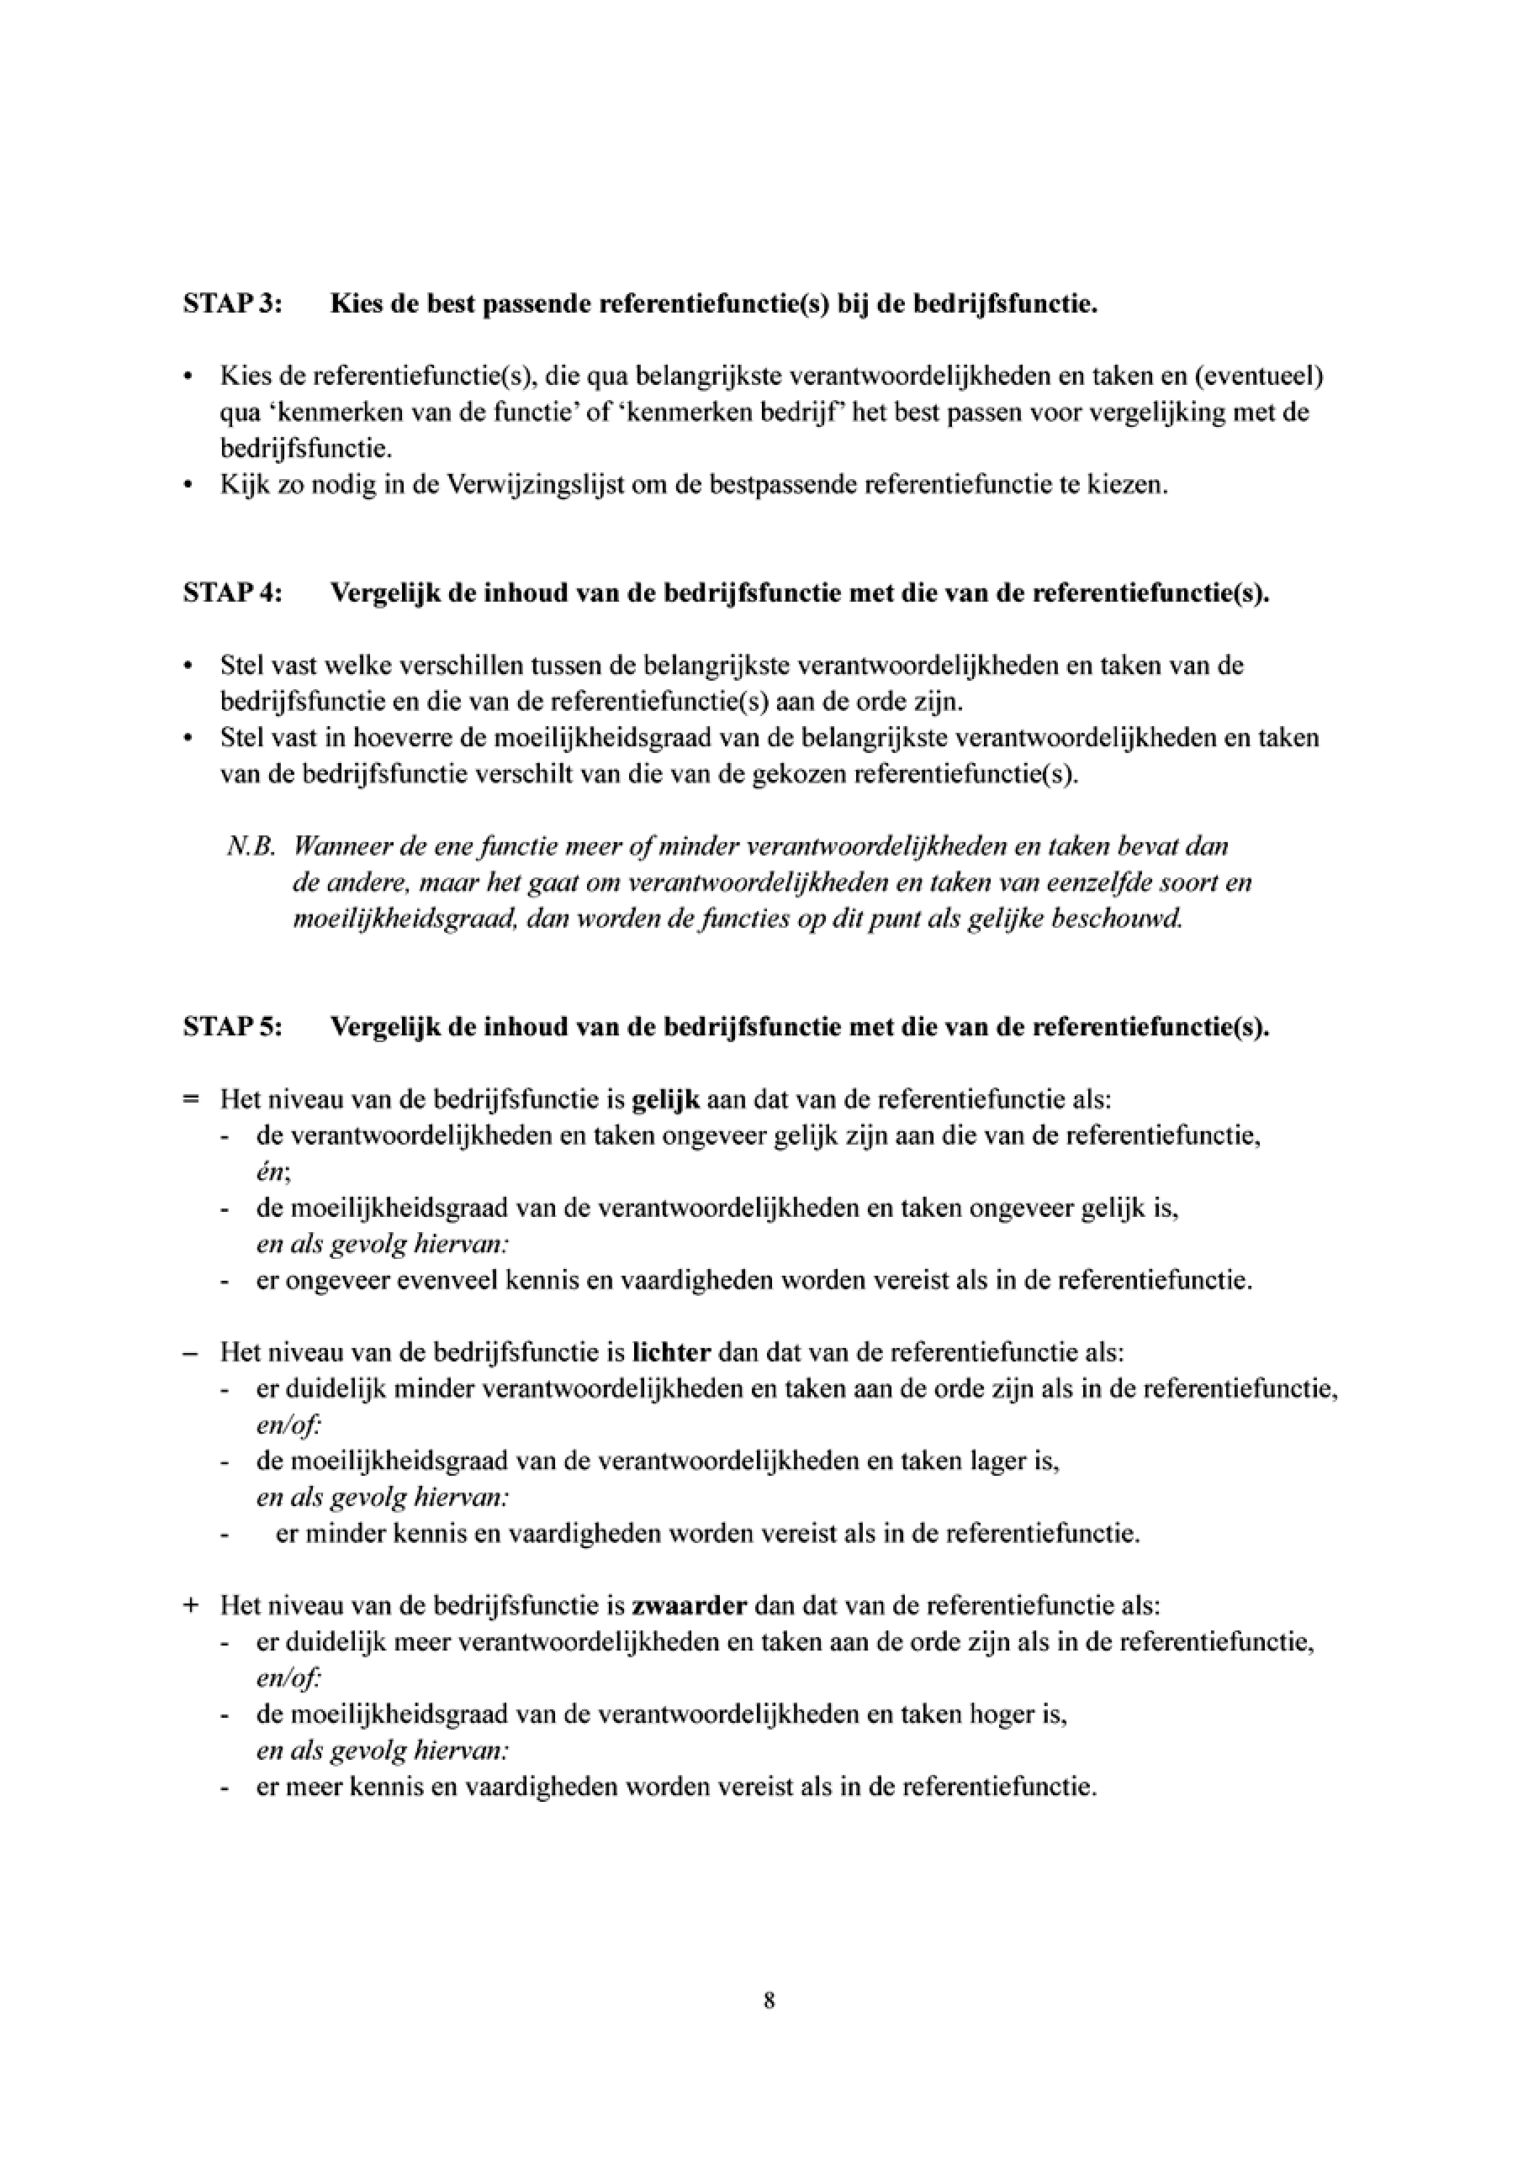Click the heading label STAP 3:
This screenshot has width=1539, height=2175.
[x=232, y=305]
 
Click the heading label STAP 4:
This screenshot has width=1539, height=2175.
[x=232, y=593]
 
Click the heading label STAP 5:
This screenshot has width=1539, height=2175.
[x=232, y=1027]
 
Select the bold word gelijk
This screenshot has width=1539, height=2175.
[x=665, y=1099]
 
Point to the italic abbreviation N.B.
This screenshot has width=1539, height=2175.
[x=251, y=847]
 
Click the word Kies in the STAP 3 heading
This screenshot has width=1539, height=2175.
[x=354, y=305]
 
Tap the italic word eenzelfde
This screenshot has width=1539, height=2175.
[x=1111, y=883]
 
